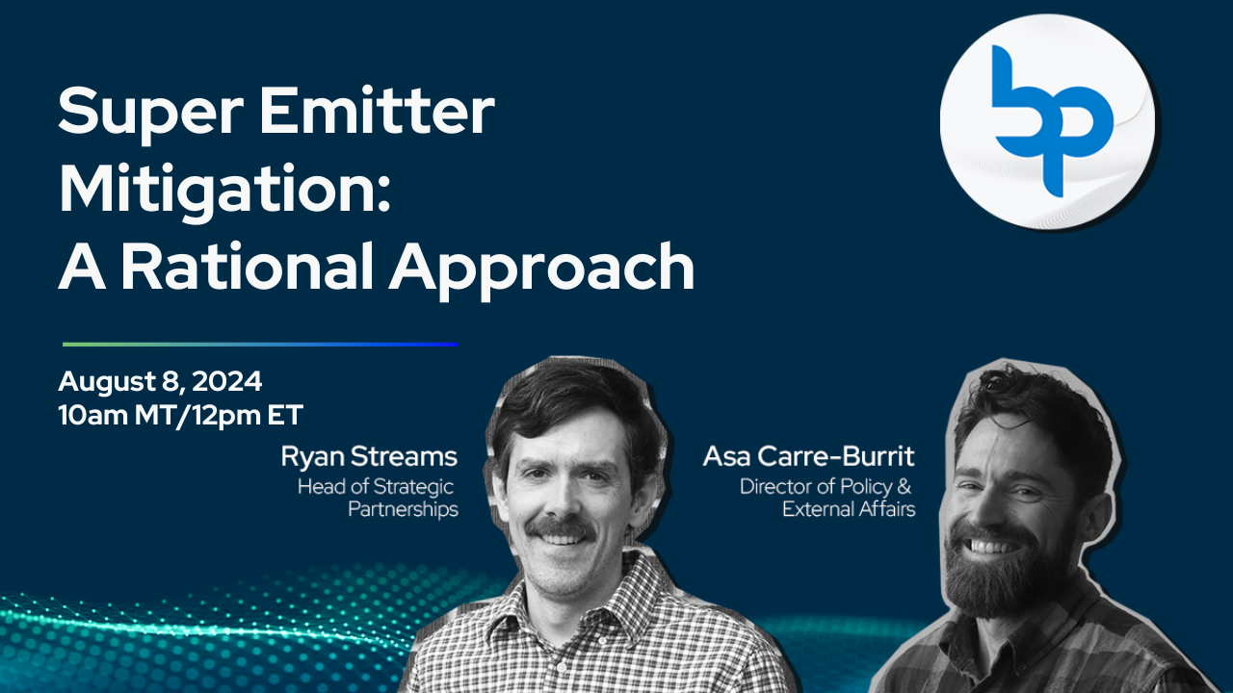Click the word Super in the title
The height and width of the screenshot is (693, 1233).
(x=151, y=114)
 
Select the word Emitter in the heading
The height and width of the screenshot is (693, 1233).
(x=377, y=110)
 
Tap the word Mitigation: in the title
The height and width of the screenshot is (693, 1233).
(x=225, y=191)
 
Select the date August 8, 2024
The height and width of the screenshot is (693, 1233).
(x=160, y=381)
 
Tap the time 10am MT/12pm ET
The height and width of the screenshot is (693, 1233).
(x=180, y=415)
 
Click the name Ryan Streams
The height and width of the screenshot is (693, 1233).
(x=369, y=457)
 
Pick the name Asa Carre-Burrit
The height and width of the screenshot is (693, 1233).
(x=808, y=456)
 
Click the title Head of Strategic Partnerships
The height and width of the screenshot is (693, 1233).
(x=378, y=498)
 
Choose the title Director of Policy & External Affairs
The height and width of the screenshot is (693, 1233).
(x=827, y=498)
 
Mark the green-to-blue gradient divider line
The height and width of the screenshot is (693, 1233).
(x=260, y=345)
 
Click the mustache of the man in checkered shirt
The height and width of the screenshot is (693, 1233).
(x=561, y=528)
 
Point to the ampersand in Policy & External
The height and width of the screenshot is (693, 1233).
(x=904, y=486)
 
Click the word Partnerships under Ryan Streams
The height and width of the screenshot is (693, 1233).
(x=403, y=509)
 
